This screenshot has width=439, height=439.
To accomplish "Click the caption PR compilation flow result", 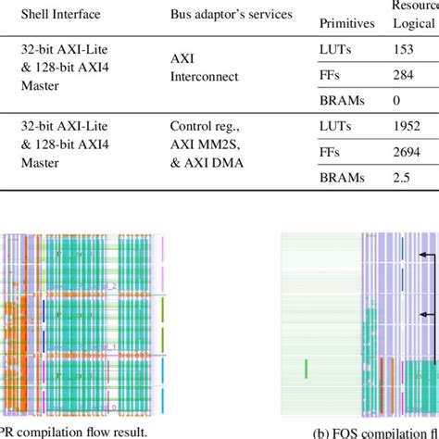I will point(74,429).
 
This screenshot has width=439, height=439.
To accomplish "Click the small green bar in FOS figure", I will point(306,370).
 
